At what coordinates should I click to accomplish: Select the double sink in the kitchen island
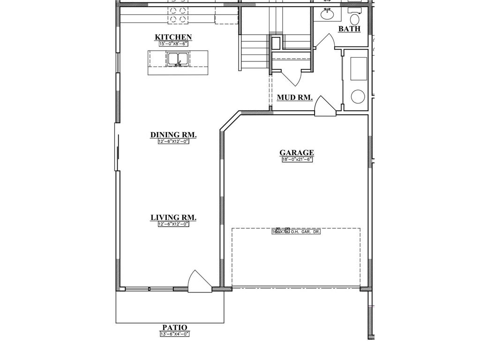point(178,59)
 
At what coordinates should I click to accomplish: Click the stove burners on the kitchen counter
point(178,15)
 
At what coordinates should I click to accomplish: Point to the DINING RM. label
point(173,135)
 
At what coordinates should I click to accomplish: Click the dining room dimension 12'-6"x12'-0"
point(173,142)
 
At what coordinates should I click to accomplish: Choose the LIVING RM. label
point(173,217)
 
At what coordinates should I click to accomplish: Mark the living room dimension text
point(173,225)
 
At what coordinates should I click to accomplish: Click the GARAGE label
point(297,152)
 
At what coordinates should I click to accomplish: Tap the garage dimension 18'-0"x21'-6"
point(297,159)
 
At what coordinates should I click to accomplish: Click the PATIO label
point(174,328)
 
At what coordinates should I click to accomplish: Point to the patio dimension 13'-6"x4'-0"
point(174,334)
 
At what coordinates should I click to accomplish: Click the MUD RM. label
point(295,97)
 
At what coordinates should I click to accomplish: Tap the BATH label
point(350,29)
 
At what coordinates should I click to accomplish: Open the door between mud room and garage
point(324,107)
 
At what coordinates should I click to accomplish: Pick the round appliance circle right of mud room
point(358,97)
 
